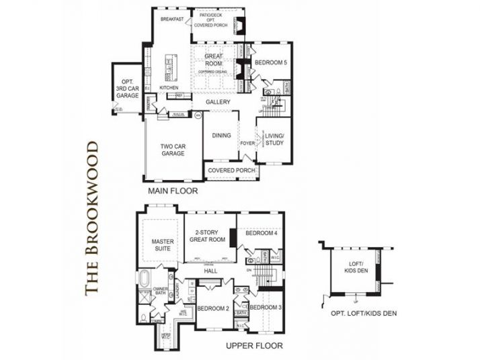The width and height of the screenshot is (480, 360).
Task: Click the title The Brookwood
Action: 92,216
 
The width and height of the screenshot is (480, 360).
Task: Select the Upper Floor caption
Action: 255,346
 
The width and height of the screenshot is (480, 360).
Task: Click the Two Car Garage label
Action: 173,149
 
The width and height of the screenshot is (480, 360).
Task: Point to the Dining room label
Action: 221,136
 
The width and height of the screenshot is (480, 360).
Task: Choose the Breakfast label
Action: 172,19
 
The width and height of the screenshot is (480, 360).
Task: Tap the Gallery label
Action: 218,102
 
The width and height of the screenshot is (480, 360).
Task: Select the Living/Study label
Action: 274,139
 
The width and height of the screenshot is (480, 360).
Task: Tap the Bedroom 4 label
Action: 261,234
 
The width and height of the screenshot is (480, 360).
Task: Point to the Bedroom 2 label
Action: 213,308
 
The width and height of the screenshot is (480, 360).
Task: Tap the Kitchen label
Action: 169,88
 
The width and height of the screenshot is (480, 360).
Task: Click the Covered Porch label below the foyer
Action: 231,171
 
